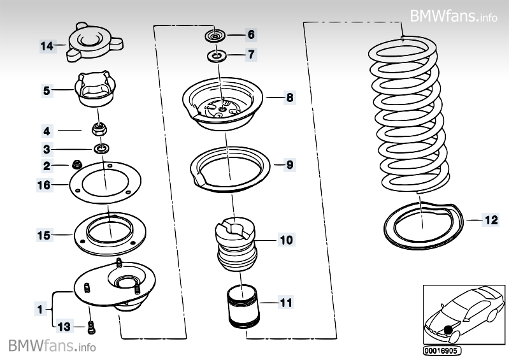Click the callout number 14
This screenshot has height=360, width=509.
[46, 46]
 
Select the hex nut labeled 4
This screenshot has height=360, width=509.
[99, 130]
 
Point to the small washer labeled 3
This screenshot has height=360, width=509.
[101, 149]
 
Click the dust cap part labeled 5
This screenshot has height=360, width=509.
[94, 91]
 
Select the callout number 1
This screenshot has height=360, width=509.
[41, 310]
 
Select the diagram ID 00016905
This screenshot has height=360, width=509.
[441, 350]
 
